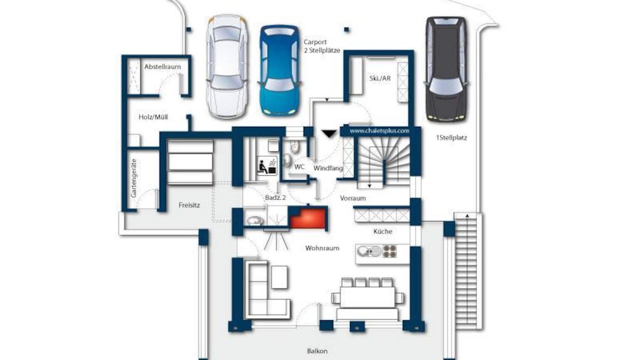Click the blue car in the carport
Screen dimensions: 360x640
point(279,70)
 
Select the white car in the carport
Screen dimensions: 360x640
point(227,66)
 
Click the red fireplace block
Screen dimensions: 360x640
point(308,218)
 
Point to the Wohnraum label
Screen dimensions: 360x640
point(322,248)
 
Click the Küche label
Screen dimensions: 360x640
point(383,231)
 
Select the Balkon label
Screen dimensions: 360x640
point(317,351)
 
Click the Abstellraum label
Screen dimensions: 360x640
point(162,66)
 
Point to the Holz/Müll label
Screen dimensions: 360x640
point(153,117)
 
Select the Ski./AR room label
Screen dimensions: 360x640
point(380,78)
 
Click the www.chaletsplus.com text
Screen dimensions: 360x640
point(379,131)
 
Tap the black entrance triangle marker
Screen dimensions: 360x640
point(329,133)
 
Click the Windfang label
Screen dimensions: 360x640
point(328,168)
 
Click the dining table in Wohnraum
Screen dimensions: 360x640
point(367,297)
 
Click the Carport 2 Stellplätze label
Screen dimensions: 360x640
point(322,46)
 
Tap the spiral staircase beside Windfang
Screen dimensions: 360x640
point(383,161)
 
